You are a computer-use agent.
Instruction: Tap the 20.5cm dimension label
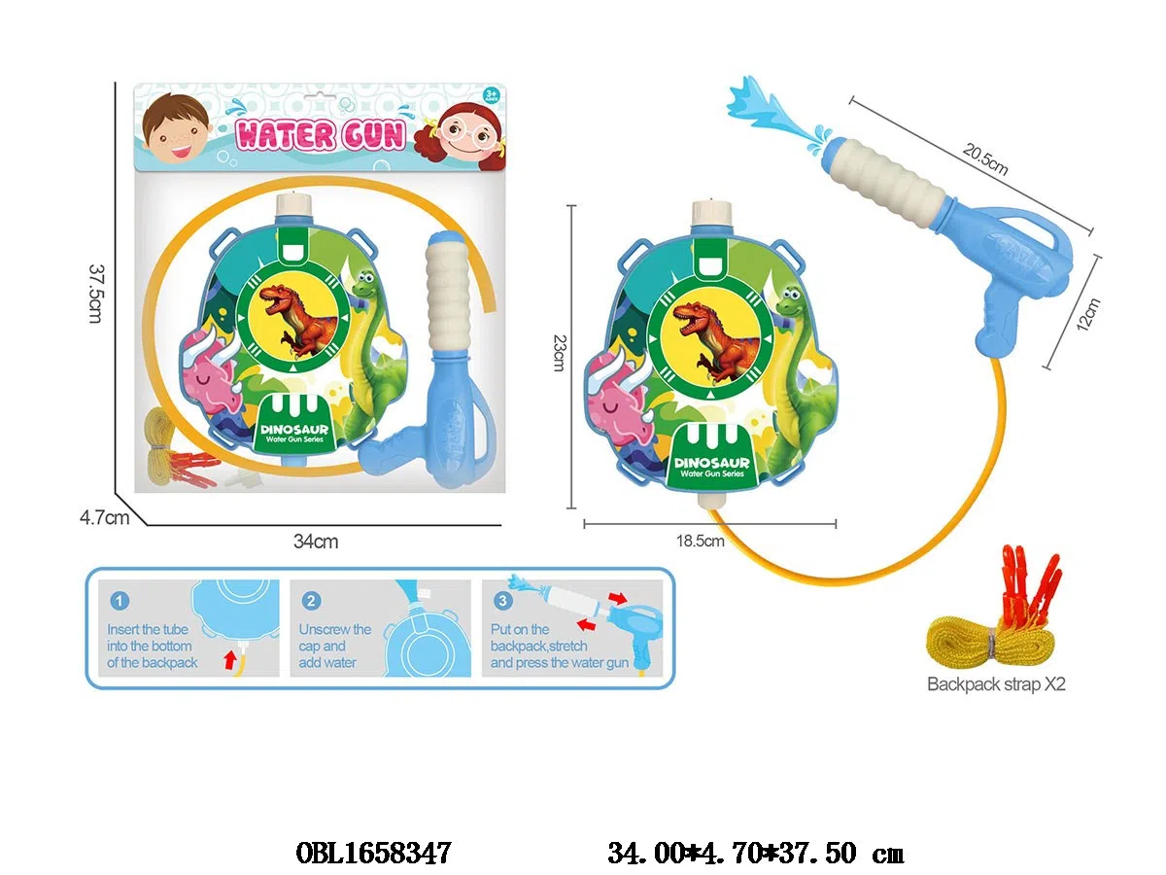(985, 159)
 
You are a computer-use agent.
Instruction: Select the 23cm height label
(558, 352)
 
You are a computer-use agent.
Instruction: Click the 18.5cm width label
(702, 542)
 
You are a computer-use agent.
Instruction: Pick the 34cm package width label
(316, 542)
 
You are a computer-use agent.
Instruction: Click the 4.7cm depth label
(105, 517)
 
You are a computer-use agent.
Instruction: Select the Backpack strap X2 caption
(996, 683)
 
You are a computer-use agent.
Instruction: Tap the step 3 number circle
(502, 601)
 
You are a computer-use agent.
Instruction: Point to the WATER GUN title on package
(321, 134)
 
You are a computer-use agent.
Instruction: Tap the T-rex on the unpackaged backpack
(714, 333)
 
